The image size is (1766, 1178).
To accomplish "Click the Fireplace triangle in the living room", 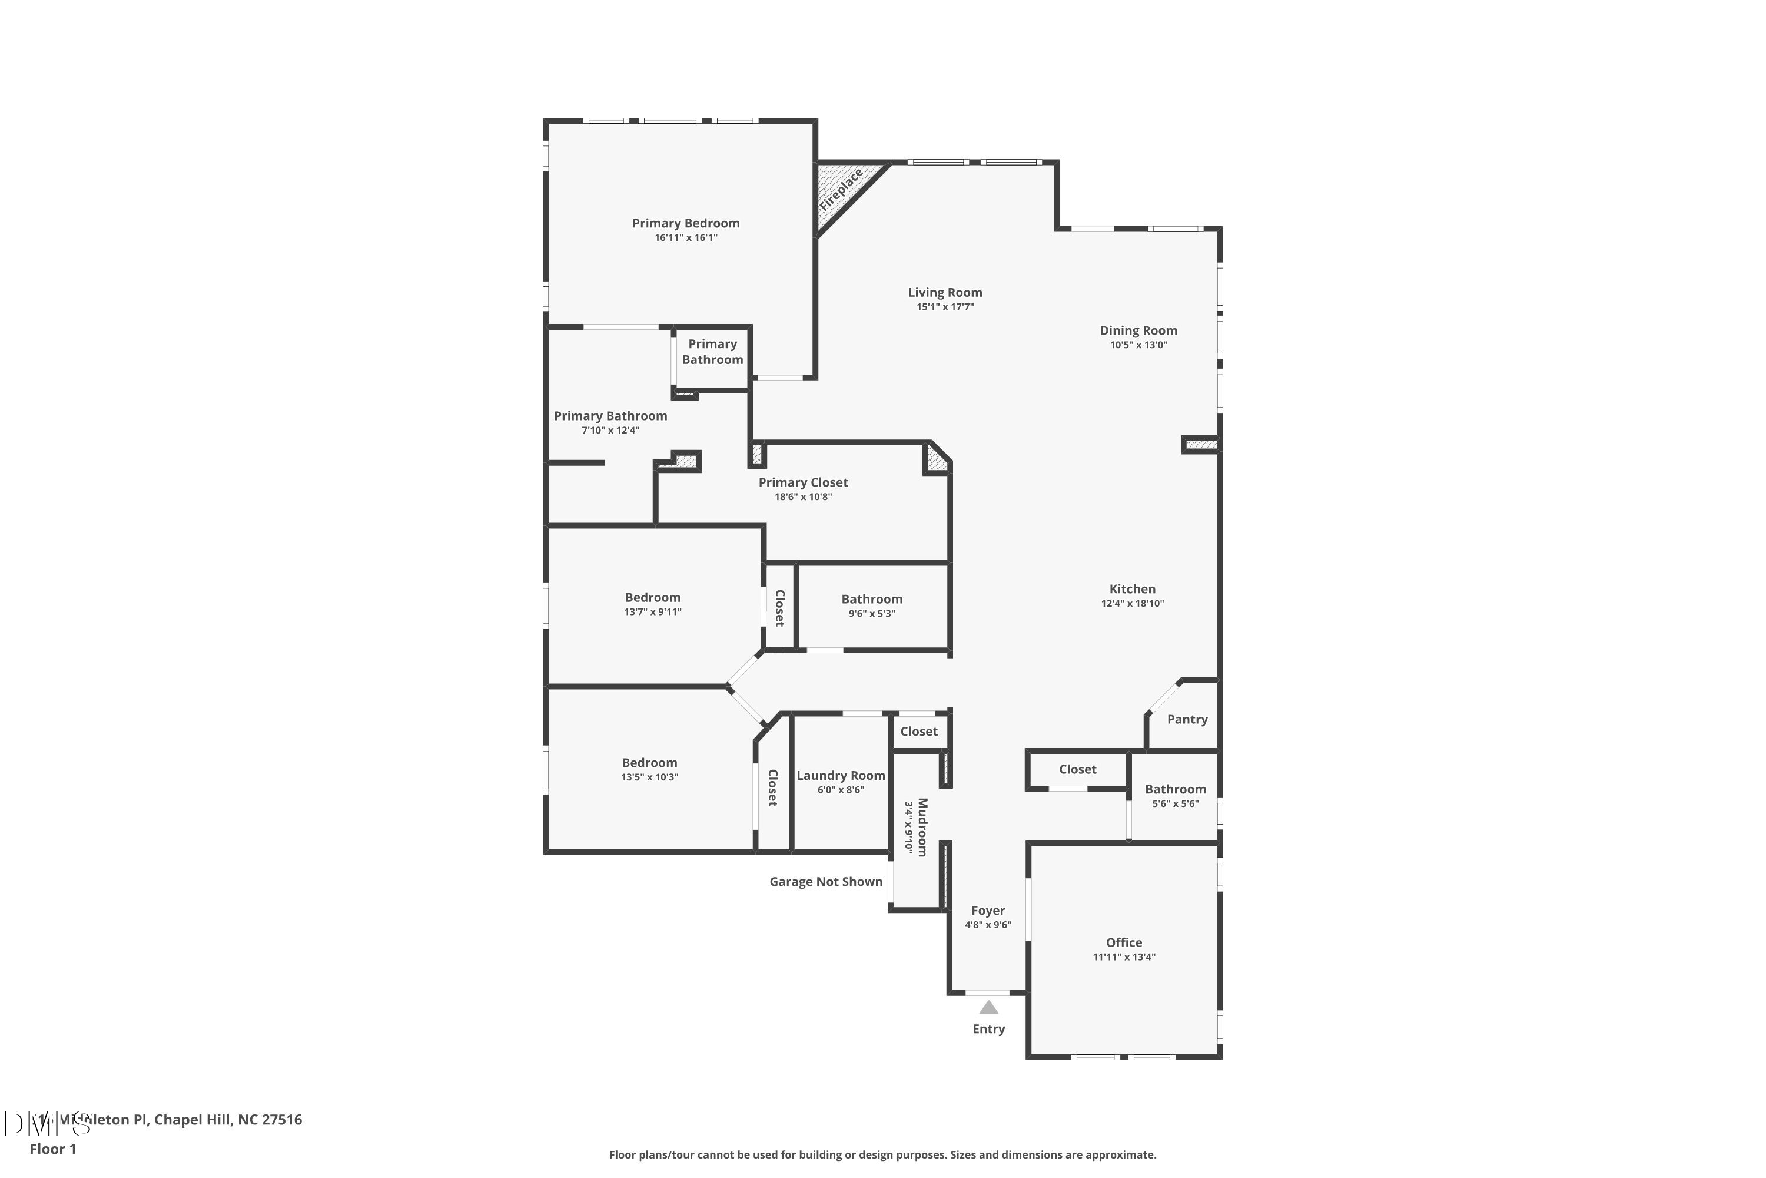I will click(x=842, y=193).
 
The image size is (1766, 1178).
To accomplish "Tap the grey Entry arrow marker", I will click(x=989, y=1007).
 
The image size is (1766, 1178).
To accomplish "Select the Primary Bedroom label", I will click(x=686, y=223).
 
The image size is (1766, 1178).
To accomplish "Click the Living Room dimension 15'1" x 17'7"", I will click(x=945, y=306).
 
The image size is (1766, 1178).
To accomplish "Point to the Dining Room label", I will click(x=1138, y=330).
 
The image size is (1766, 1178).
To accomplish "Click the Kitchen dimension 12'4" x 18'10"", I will click(x=1132, y=603).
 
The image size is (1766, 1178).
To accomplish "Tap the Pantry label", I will click(x=1187, y=719).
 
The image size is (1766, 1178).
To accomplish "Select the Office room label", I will click(x=1124, y=942).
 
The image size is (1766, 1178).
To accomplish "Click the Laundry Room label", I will click(x=840, y=775).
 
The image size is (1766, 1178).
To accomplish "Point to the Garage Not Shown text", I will click(x=826, y=881).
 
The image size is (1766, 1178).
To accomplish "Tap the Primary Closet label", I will click(x=803, y=482).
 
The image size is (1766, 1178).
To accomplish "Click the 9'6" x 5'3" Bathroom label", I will click(x=872, y=599).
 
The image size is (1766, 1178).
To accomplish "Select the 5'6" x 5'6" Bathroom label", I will click(x=1175, y=789).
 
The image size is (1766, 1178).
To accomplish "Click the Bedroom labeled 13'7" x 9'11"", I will click(x=652, y=597).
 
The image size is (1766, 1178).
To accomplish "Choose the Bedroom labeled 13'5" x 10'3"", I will click(x=649, y=763).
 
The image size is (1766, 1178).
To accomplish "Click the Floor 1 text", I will click(x=52, y=1149).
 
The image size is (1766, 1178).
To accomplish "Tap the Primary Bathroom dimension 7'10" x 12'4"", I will click(x=610, y=431).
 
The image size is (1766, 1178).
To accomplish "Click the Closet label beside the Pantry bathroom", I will click(x=1077, y=769).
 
